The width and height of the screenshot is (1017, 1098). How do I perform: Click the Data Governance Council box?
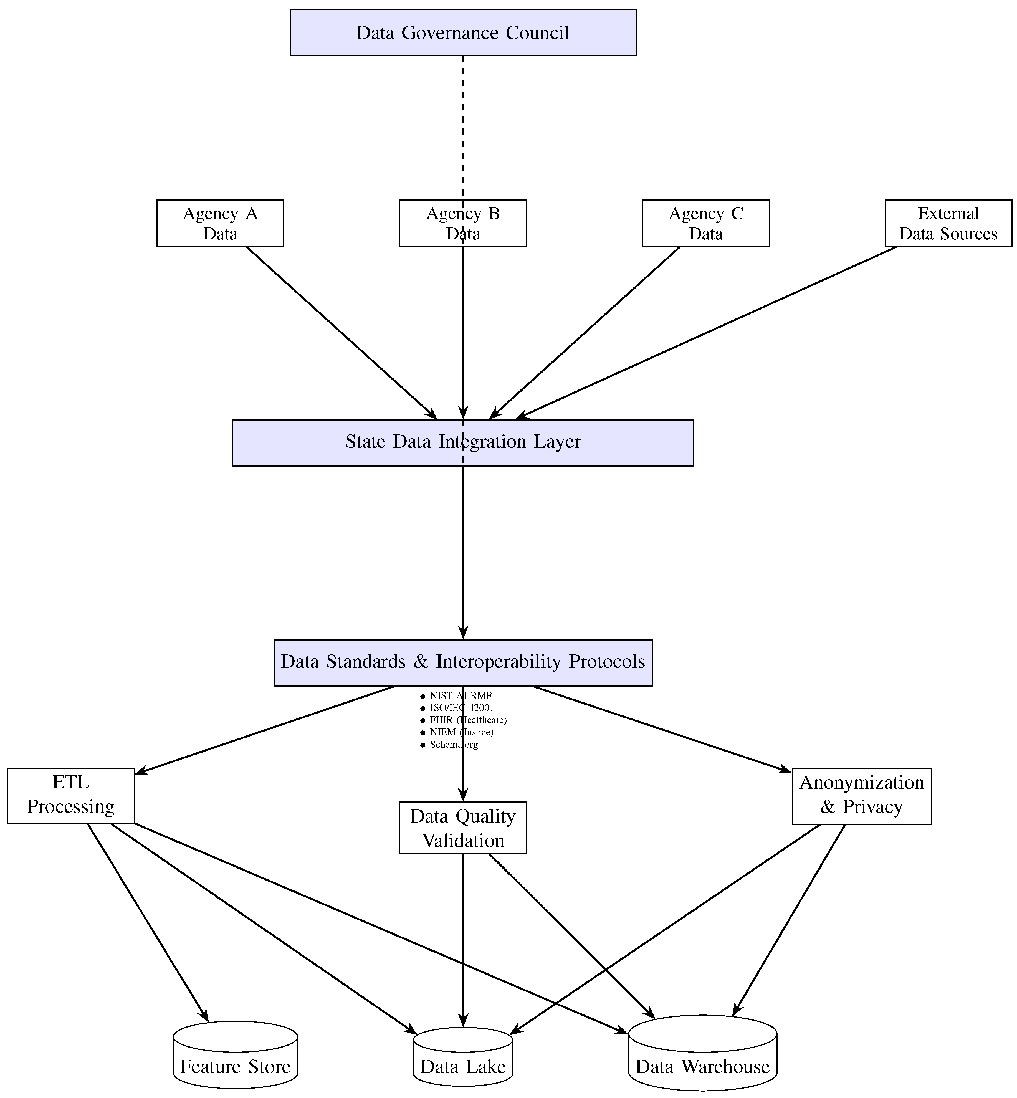[x=463, y=32]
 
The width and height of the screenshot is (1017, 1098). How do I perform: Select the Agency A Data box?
[x=220, y=223]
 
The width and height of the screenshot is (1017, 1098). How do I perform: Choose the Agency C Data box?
[x=705, y=223]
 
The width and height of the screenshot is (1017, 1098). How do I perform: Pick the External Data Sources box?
[x=948, y=223]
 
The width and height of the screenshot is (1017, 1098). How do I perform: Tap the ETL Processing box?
[x=70, y=795]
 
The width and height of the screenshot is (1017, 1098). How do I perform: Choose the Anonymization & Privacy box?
[x=861, y=795]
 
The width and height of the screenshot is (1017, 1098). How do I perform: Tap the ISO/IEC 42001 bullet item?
[x=457, y=708]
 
